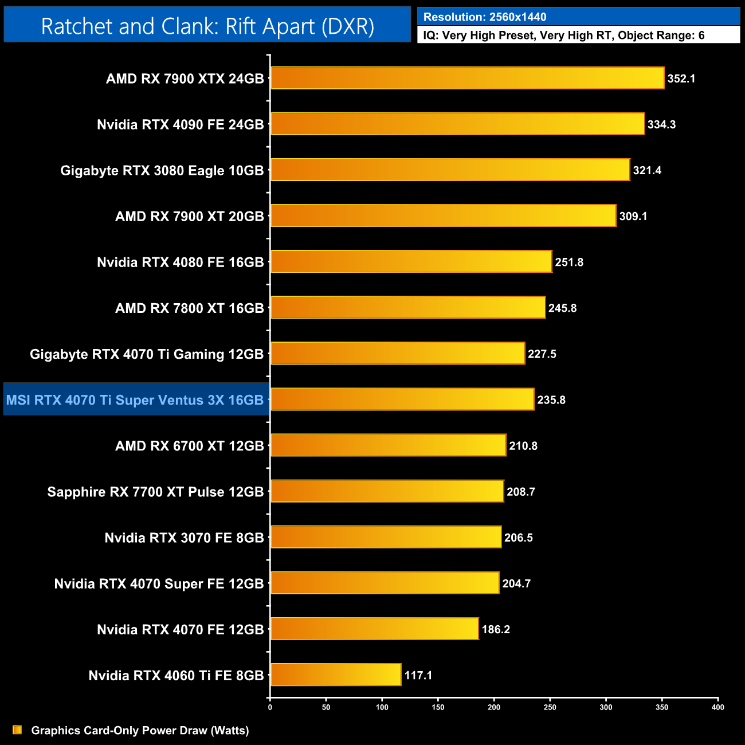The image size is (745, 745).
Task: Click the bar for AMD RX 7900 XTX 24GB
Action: tap(467, 78)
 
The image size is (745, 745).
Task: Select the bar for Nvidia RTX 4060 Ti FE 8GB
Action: tap(336, 675)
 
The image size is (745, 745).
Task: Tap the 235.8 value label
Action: tap(551, 400)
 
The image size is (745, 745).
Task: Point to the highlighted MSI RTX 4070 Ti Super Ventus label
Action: tap(135, 400)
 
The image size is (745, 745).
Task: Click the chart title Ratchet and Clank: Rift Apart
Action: tap(207, 26)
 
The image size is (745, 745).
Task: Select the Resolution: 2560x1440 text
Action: tap(485, 17)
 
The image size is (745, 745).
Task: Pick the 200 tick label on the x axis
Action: tap(494, 707)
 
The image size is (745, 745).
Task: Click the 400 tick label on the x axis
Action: tap(717, 707)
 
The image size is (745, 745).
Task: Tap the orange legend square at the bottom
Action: tap(17, 730)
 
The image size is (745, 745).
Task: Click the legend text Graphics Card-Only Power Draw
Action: tap(140, 731)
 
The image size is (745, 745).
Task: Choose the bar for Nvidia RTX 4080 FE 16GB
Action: tap(411, 262)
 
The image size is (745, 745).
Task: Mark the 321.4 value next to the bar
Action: tap(647, 170)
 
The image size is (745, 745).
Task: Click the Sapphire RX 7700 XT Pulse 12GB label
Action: tap(155, 492)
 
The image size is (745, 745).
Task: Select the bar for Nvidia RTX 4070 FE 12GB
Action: tap(374, 629)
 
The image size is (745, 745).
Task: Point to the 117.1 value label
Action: tap(418, 675)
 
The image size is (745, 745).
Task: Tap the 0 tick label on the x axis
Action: tap(270, 707)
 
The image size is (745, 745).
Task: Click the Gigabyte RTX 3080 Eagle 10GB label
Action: tap(162, 170)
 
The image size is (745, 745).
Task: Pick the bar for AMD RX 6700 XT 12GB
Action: tap(388, 445)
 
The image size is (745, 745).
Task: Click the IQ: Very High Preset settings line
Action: tap(564, 36)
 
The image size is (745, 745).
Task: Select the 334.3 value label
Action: tap(661, 124)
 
